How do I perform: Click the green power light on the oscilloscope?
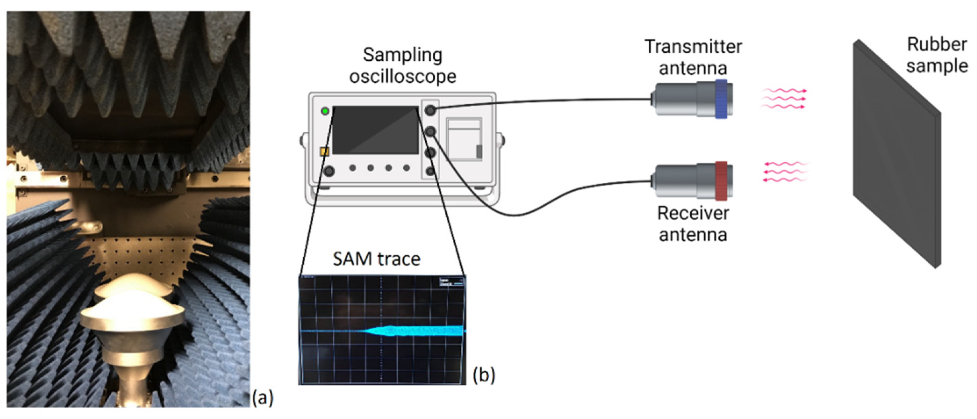click(x=325, y=111)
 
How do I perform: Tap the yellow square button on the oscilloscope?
click(x=325, y=152)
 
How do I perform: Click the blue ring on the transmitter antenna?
click(x=721, y=99)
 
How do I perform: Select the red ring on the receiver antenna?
click(x=721, y=181)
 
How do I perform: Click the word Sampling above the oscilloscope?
click(x=402, y=55)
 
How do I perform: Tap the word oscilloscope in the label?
click(x=402, y=77)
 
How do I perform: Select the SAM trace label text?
click(x=376, y=259)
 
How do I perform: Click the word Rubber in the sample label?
click(x=936, y=45)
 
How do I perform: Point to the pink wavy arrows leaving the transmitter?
click(x=783, y=99)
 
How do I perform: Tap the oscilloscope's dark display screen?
click(x=376, y=130)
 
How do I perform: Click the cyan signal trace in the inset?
click(x=417, y=331)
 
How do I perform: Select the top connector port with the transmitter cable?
click(x=430, y=110)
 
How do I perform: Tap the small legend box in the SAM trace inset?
click(x=451, y=282)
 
